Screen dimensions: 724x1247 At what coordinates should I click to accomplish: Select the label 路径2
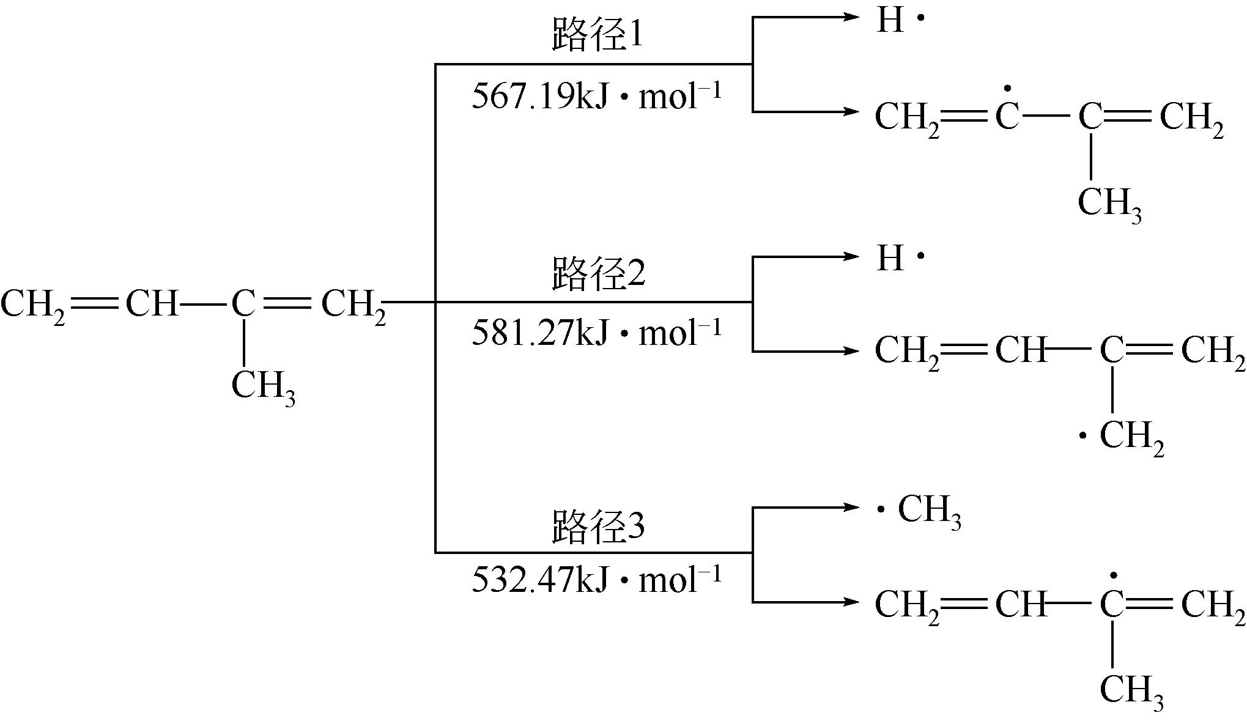click(x=598, y=275)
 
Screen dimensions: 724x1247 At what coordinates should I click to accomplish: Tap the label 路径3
click(x=598, y=526)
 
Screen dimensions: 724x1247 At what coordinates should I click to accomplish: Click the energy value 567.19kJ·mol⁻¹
click(x=597, y=97)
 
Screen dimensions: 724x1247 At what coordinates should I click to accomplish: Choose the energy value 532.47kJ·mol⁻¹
click(x=597, y=580)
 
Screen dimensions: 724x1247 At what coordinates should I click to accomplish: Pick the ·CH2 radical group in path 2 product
click(x=1123, y=437)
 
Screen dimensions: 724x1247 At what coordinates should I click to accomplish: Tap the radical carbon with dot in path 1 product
click(x=1007, y=114)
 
